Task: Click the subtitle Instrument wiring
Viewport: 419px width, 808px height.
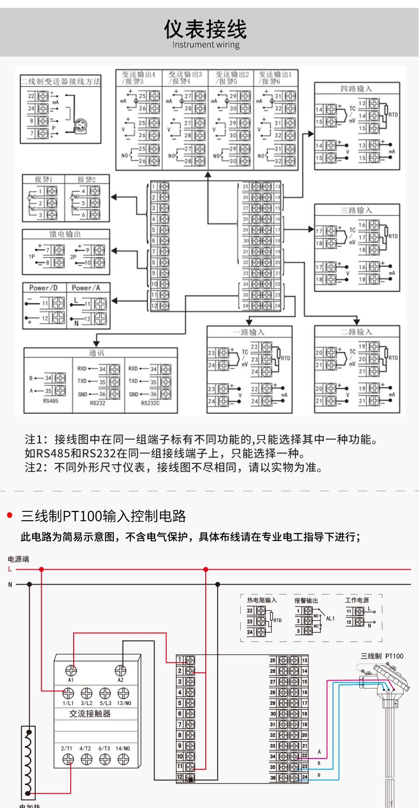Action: click(x=206, y=45)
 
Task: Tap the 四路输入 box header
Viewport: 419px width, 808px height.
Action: click(x=356, y=88)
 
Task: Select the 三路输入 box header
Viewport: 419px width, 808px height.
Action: click(x=356, y=210)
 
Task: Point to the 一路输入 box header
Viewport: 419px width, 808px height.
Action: click(x=249, y=332)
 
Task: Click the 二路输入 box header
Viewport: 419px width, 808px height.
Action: click(x=356, y=332)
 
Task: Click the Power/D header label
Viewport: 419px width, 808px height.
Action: click(x=44, y=288)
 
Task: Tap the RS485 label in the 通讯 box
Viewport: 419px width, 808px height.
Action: click(x=51, y=401)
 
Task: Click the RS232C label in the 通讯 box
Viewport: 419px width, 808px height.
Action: click(x=150, y=403)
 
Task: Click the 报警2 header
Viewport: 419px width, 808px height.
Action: click(x=86, y=179)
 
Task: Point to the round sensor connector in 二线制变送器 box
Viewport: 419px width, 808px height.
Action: click(x=80, y=126)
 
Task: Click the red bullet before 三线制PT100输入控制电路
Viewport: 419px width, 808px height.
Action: click(x=10, y=515)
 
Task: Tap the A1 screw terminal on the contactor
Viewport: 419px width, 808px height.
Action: click(x=71, y=670)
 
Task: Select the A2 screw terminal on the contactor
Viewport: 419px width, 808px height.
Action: click(x=121, y=670)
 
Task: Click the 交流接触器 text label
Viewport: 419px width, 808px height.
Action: click(x=90, y=714)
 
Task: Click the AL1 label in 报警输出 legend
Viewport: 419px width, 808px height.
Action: click(x=330, y=618)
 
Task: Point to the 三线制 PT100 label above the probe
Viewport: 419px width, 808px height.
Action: click(x=382, y=656)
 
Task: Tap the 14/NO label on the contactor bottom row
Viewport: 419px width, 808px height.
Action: click(x=123, y=748)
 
